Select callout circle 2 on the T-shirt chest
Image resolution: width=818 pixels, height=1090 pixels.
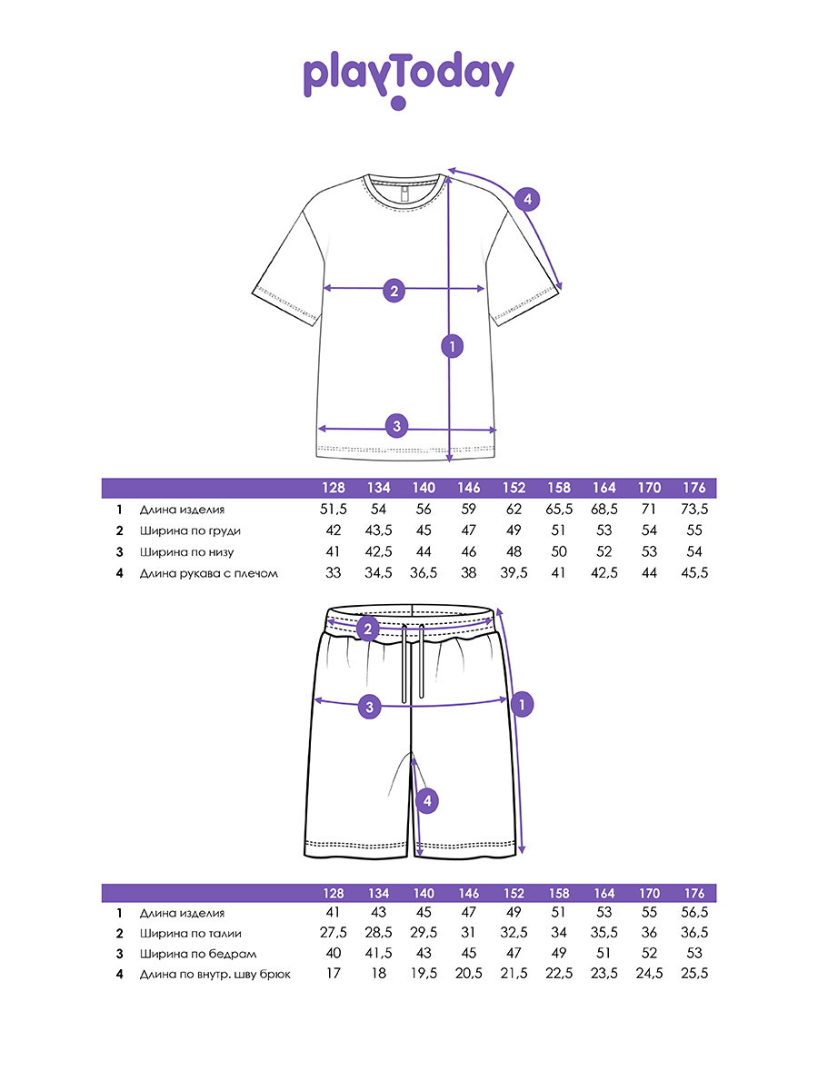tap(394, 291)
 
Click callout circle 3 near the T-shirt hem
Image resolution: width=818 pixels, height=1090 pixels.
tap(395, 425)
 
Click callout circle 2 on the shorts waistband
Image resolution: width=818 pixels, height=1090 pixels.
tap(367, 628)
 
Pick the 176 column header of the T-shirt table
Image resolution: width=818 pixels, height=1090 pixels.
tap(694, 488)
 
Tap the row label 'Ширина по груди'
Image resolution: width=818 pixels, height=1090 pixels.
tap(190, 530)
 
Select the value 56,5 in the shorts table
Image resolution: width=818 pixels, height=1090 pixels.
tap(694, 913)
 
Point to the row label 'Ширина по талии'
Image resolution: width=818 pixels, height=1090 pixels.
tap(191, 933)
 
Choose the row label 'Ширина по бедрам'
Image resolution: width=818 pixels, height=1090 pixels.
tap(198, 954)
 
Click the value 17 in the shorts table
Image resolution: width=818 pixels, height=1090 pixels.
tap(333, 974)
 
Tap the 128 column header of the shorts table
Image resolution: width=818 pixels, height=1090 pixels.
tap(333, 893)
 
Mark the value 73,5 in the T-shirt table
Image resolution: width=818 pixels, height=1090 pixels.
tap(694, 510)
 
